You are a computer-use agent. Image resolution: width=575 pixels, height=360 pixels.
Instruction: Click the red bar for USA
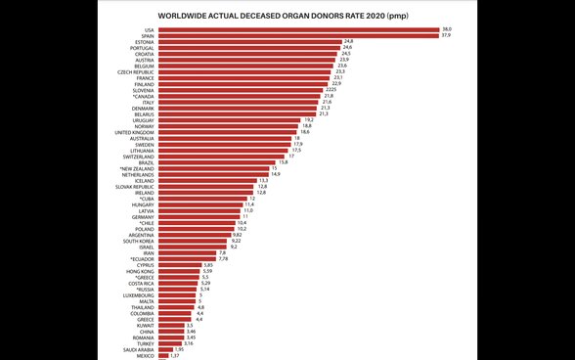point(297,30)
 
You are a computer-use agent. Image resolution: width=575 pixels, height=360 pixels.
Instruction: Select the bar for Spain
point(297,37)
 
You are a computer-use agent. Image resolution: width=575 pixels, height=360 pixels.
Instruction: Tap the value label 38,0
point(448,30)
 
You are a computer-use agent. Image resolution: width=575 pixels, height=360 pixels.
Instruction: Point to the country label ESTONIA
point(142,44)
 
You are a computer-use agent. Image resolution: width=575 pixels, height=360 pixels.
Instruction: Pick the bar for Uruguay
point(228,119)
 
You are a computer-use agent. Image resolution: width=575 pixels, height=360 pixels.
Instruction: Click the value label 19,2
point(307,119)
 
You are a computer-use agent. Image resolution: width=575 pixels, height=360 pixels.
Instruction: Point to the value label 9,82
point(238,234)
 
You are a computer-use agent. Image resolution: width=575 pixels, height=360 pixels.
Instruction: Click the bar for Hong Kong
point(178,270)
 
